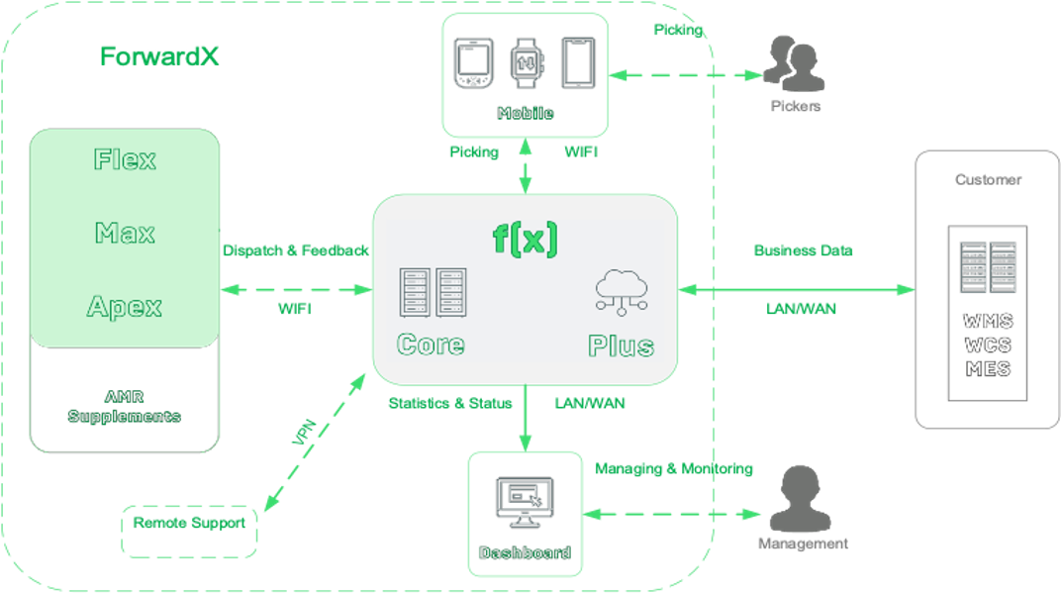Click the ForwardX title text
159,56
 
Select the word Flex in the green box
125,159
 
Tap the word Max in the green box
125,234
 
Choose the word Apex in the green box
125,306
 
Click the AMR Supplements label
125,406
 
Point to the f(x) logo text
526,239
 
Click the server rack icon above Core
432,292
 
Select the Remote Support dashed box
189,532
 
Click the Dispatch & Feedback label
295,250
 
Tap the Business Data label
803,250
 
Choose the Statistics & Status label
450,403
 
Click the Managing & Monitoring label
673,468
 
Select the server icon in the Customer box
987,266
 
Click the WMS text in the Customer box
987,324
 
